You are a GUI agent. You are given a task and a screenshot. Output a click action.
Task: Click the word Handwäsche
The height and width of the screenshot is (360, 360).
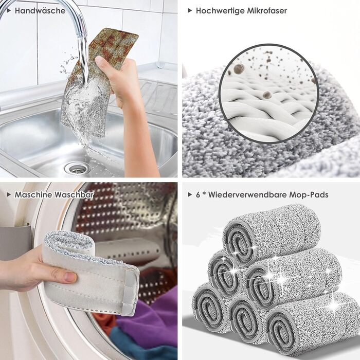point(40,11)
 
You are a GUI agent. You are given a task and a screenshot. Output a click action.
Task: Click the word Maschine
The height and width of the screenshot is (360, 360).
point(33,195)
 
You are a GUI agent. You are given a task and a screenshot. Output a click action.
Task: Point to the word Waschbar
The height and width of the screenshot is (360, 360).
point(74,195)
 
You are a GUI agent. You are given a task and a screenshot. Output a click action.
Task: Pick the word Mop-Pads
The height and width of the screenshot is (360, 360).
point(309,195)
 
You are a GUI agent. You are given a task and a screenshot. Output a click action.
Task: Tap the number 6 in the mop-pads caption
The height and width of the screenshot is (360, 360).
point(198,195)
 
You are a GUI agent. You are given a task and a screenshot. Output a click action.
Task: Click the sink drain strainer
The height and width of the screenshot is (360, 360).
point(77,168)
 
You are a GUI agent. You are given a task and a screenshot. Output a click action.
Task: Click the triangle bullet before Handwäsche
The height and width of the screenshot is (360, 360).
point(9,11)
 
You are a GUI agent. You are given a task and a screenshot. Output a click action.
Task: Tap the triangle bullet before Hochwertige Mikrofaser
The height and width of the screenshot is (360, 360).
point(190,11)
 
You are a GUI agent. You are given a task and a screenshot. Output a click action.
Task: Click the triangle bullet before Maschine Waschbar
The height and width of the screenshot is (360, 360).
point(9,195)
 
